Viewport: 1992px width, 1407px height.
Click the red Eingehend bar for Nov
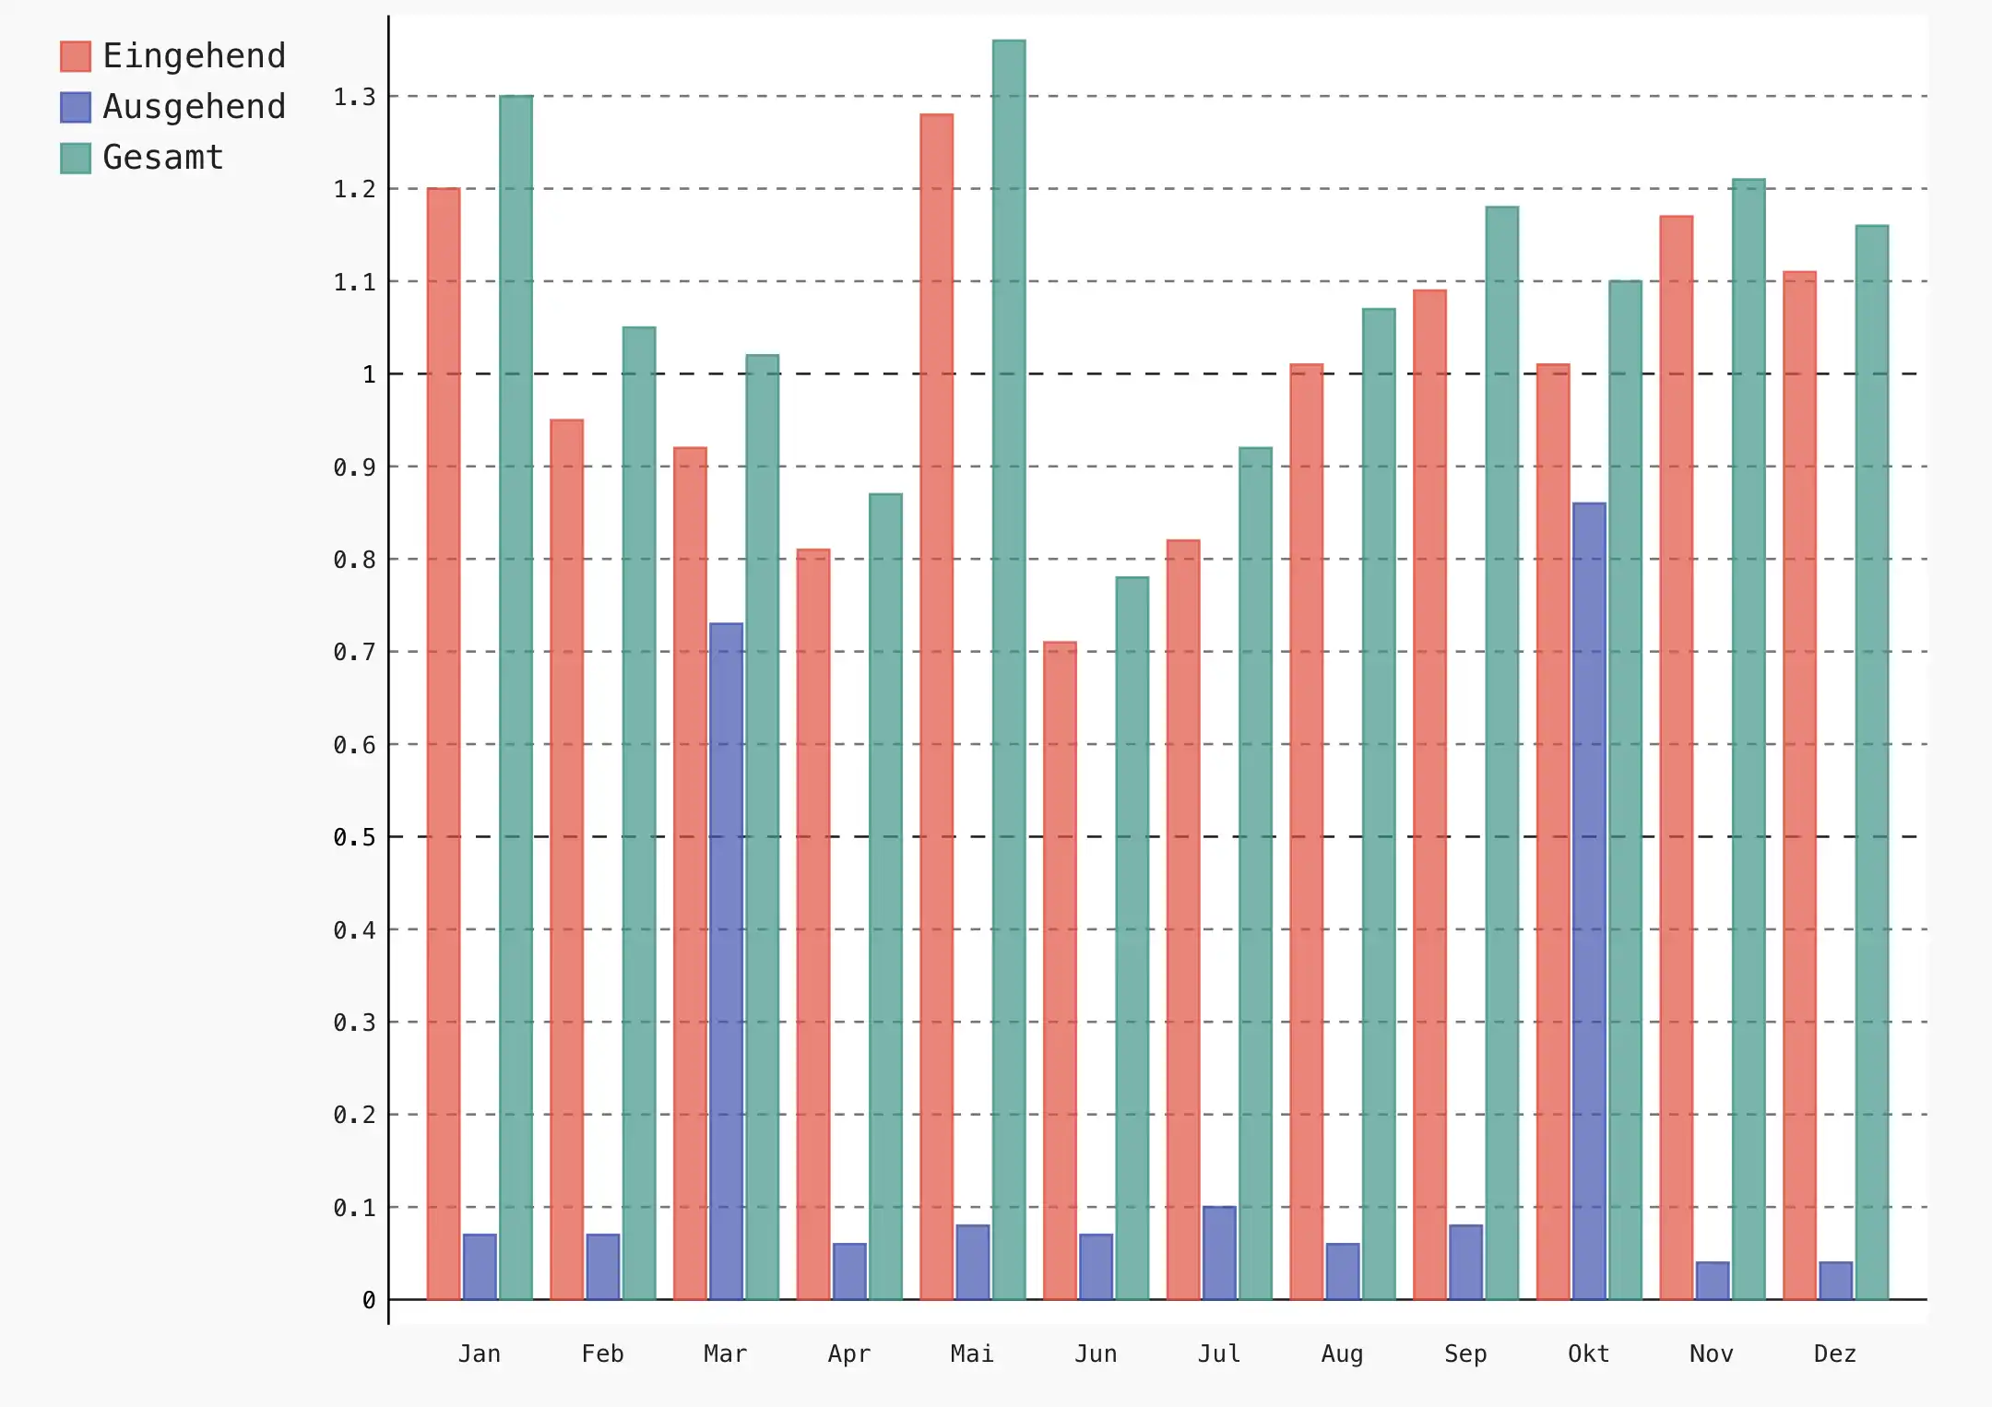[x=1677, y=757]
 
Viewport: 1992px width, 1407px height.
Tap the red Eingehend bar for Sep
[x=1429, y=794]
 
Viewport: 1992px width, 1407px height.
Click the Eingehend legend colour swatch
[x=76, y=56]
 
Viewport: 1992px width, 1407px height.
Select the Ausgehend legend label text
[x=194, y=107]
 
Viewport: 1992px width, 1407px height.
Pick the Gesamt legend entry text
[x=163, y=158]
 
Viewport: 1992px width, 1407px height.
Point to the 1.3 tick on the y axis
[x=355, y=97]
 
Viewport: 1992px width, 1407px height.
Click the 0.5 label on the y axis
[x=355, y=837]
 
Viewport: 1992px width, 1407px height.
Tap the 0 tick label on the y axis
[x=369, y=1300]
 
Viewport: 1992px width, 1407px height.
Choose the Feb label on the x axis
[x=602, y=1354]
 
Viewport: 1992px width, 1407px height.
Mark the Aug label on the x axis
[x=1342, y=1354]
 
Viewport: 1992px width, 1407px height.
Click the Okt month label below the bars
[x=1588, y=1354]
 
